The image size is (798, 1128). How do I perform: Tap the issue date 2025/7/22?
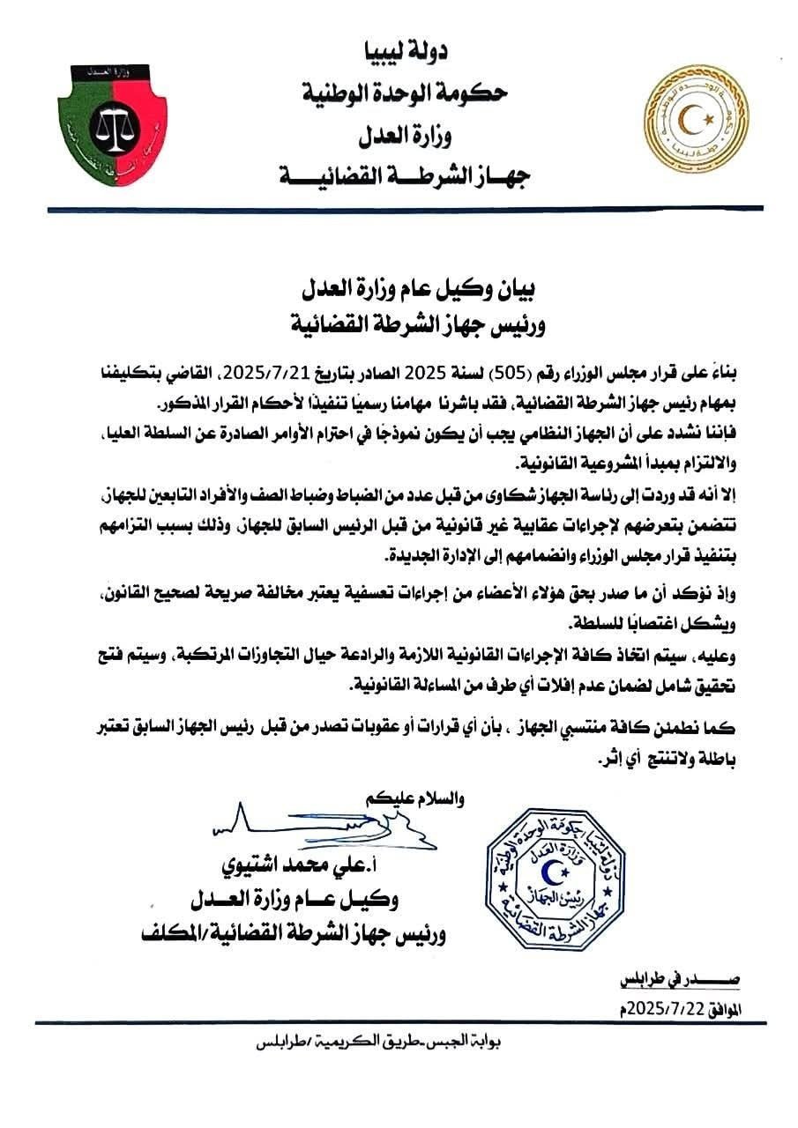point(679,1007)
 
